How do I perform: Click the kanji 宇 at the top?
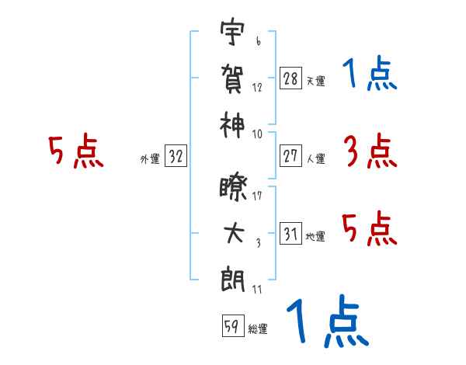232,31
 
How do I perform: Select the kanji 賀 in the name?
232,78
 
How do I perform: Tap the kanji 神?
232,125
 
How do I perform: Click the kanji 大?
234,233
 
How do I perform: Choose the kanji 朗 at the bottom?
233,280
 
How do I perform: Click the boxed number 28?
290,78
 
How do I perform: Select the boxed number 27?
290,156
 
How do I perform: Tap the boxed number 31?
290,233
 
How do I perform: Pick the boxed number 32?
176,155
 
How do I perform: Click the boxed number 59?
233,326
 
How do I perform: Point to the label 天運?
316,81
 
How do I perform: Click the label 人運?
316,158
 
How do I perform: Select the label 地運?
315,237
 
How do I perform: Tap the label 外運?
150,159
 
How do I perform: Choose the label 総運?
258,329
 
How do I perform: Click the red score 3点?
370,151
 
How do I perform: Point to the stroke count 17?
257,196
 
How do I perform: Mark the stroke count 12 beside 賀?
257,88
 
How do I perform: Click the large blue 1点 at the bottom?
328,321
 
